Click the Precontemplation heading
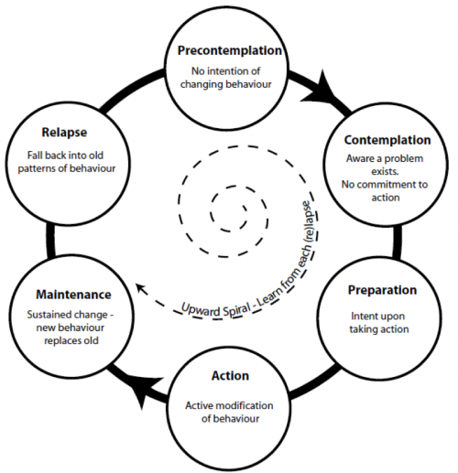230,50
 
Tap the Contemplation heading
387,140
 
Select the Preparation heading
382,290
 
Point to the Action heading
230,376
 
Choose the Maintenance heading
73,295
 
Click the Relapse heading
64,133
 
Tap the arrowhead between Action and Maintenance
144,392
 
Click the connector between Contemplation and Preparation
397,242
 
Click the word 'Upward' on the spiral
201,310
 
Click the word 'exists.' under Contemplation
385,171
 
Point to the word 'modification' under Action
246,405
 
